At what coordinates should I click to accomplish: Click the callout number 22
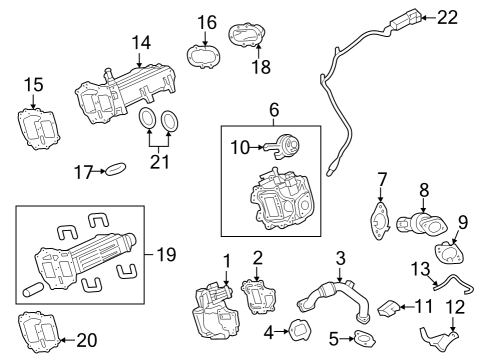pos(447,17)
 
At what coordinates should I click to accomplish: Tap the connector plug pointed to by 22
pos(405,19)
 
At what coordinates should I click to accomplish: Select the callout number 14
pos(141,43)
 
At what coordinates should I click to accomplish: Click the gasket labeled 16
pos(203,56)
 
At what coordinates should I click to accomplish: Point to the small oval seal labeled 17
pos(116,169)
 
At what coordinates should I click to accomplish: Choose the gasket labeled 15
pos(39,128)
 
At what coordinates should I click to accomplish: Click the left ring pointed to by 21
pos(147,118)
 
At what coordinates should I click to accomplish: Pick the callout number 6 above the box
pos(274,110)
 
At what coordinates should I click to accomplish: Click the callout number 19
pos(166,255)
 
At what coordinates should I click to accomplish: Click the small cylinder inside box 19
pos(33,289)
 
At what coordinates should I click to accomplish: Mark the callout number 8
pos(424,191)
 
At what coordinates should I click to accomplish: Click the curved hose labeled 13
pos(454,284)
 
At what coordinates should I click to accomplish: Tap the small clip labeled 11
pos(389,308)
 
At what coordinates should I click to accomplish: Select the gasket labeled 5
pos(365,339)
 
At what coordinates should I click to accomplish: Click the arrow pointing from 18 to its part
pos(259,52)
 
